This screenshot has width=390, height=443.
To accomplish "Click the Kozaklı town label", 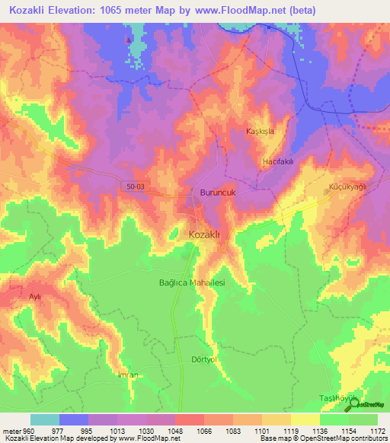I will pyautogui.click(x=204, y=235).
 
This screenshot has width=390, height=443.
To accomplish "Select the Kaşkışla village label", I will pyautogui.click(x=260, y=131).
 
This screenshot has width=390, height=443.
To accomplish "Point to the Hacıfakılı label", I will pyautogui.click(x=278, y=163).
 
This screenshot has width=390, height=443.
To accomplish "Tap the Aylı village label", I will pyautogui.click(x=34, y=296).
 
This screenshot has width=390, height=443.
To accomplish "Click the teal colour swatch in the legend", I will pyautogui.click(x=45, y=419).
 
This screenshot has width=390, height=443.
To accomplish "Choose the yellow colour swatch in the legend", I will pyautogui.click(x=305, y=419).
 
